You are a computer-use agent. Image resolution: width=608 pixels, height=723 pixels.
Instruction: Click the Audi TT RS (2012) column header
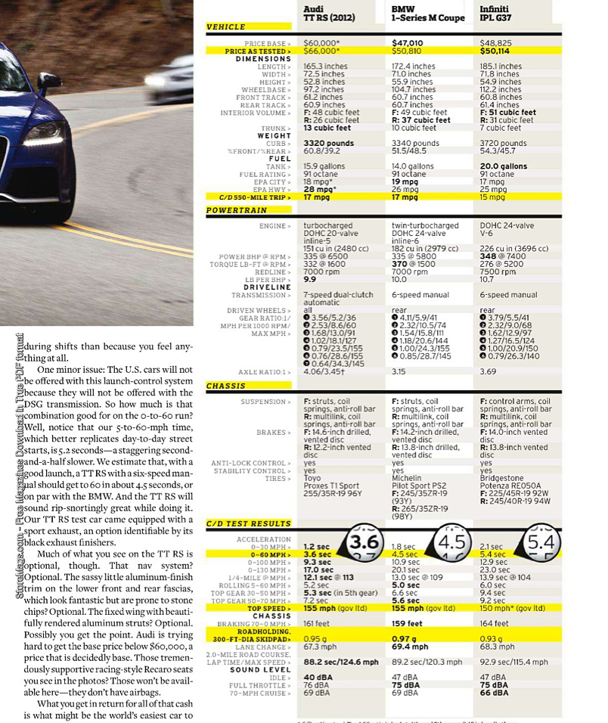(329, 13)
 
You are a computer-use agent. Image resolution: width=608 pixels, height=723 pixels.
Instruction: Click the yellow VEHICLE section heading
(226, 26)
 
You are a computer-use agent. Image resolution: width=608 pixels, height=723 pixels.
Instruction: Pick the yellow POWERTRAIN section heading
(234, 209)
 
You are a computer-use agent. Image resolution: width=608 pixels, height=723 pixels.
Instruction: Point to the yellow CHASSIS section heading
(226, 386)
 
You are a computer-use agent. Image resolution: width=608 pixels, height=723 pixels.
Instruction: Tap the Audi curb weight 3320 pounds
(329, 144)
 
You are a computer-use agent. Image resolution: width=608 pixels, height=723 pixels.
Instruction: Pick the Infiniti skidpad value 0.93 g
(492, 640)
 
